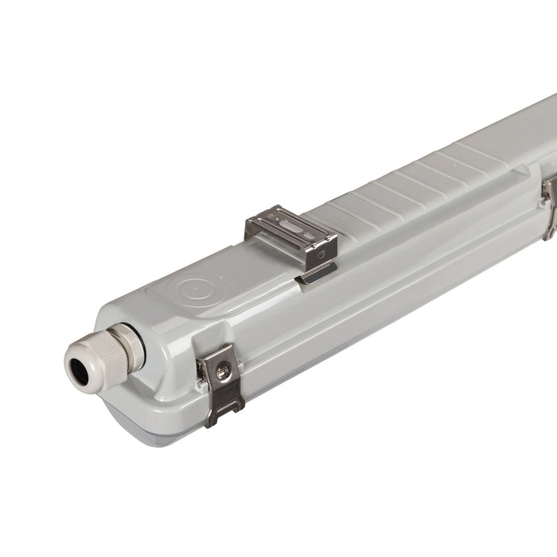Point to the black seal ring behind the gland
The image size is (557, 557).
point(131,344)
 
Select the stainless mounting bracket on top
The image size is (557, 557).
point(291,232)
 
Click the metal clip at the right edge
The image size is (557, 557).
point(548,205)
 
